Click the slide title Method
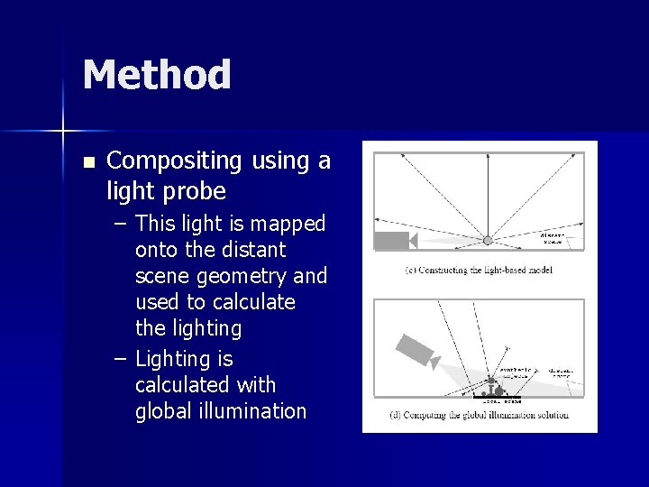157,75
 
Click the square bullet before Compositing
87,163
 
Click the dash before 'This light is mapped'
121,224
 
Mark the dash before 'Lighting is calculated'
121,359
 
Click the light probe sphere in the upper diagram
488,241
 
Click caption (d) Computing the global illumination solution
480,415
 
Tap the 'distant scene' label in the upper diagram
552,238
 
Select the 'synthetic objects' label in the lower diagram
515,372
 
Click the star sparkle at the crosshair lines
62,132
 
